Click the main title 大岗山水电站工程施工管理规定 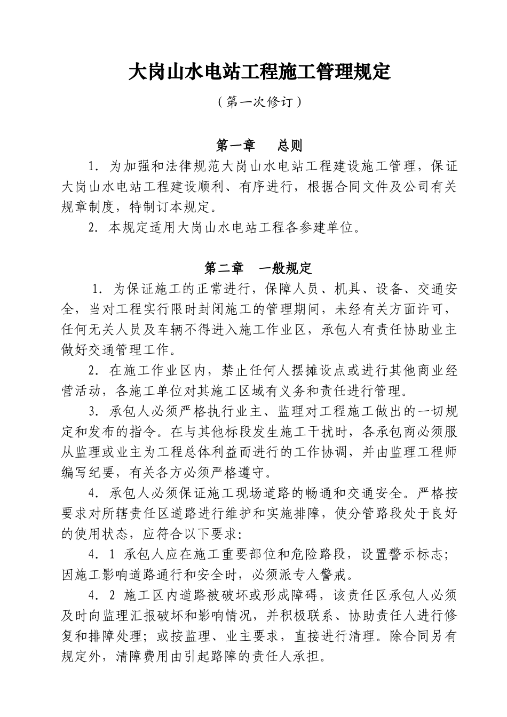tap(260, 72)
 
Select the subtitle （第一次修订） tap(260, 102)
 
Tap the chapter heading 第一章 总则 tap(260, 145)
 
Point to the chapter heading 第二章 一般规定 tap(259, 268)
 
